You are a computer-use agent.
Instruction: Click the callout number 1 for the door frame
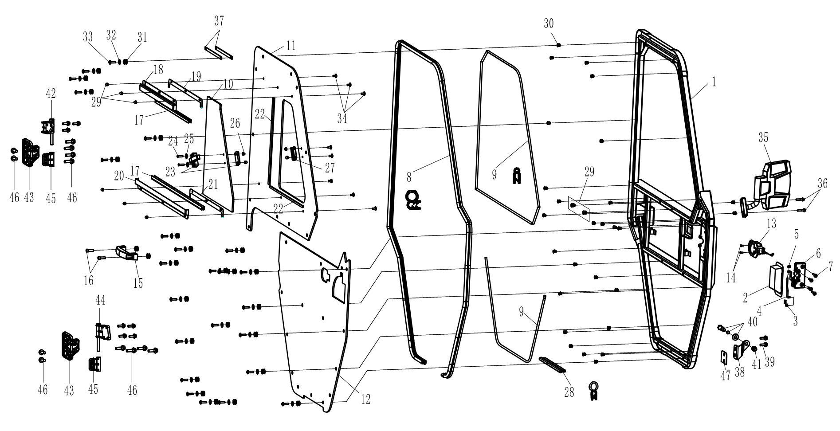click(x=714, y=82)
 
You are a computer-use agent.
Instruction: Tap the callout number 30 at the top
click(x=549, y=24)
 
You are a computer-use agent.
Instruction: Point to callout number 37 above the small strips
click(x=219, y=21)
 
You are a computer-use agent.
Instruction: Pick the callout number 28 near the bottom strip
click(x=569, y=392)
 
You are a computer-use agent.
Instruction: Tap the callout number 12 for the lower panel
click(x=365, y=399)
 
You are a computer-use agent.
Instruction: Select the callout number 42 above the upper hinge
click(x=51, y=94)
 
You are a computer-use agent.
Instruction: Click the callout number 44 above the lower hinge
click(x=100, y=300)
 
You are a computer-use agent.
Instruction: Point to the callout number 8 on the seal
click(x=409, y=177)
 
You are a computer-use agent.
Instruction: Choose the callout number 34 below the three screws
click(x=341, y=118)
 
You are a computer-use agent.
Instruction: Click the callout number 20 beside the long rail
click(x=118, y=176)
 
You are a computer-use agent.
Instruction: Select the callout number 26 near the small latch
click(x=235, y=134)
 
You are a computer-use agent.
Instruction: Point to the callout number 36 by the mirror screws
click(x=822, y=184)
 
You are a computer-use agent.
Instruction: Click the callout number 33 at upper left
click(x=87, y=36)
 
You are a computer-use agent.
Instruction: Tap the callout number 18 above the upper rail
click(x=158, y=70)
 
